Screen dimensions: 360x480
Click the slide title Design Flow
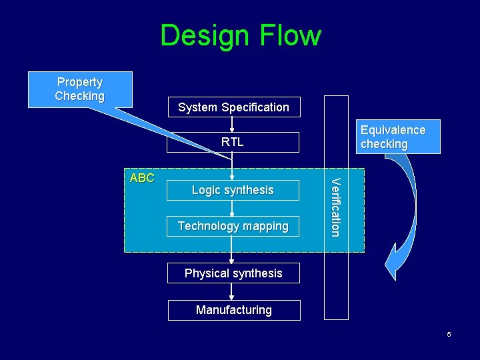click(240, 35)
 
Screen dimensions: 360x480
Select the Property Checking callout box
click(80, 89)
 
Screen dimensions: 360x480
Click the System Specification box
click(233, 107)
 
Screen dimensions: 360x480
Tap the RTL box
click(233, 142)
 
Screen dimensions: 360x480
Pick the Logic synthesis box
click(233, 190)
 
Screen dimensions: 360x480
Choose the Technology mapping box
click(233, 226)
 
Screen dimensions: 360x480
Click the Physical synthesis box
click(233, 273)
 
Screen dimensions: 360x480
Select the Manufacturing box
click(233, 310)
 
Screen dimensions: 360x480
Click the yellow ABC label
click(141, 178)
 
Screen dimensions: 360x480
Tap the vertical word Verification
click(336, 207)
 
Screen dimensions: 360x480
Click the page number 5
click(449, 334)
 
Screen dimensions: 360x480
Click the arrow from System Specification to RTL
click(232, 125)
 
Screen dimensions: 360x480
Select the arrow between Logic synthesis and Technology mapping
click(232, 208)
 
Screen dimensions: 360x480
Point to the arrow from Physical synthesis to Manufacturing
click(232, 292)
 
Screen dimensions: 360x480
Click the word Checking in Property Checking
click(80, 96)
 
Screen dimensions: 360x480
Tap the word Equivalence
click(393, 130)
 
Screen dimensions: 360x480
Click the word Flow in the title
click(291, 35)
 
